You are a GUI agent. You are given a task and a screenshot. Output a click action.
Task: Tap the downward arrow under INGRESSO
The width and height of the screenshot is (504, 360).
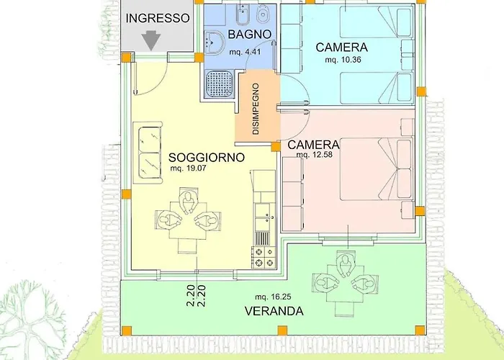(152, 40)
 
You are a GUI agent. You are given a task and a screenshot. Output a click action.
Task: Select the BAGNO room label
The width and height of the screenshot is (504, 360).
(248, 34)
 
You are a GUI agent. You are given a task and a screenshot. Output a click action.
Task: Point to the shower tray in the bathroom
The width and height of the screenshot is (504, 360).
(220, 84)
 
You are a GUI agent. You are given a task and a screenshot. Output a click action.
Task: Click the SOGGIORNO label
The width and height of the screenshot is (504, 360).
(207, 157)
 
